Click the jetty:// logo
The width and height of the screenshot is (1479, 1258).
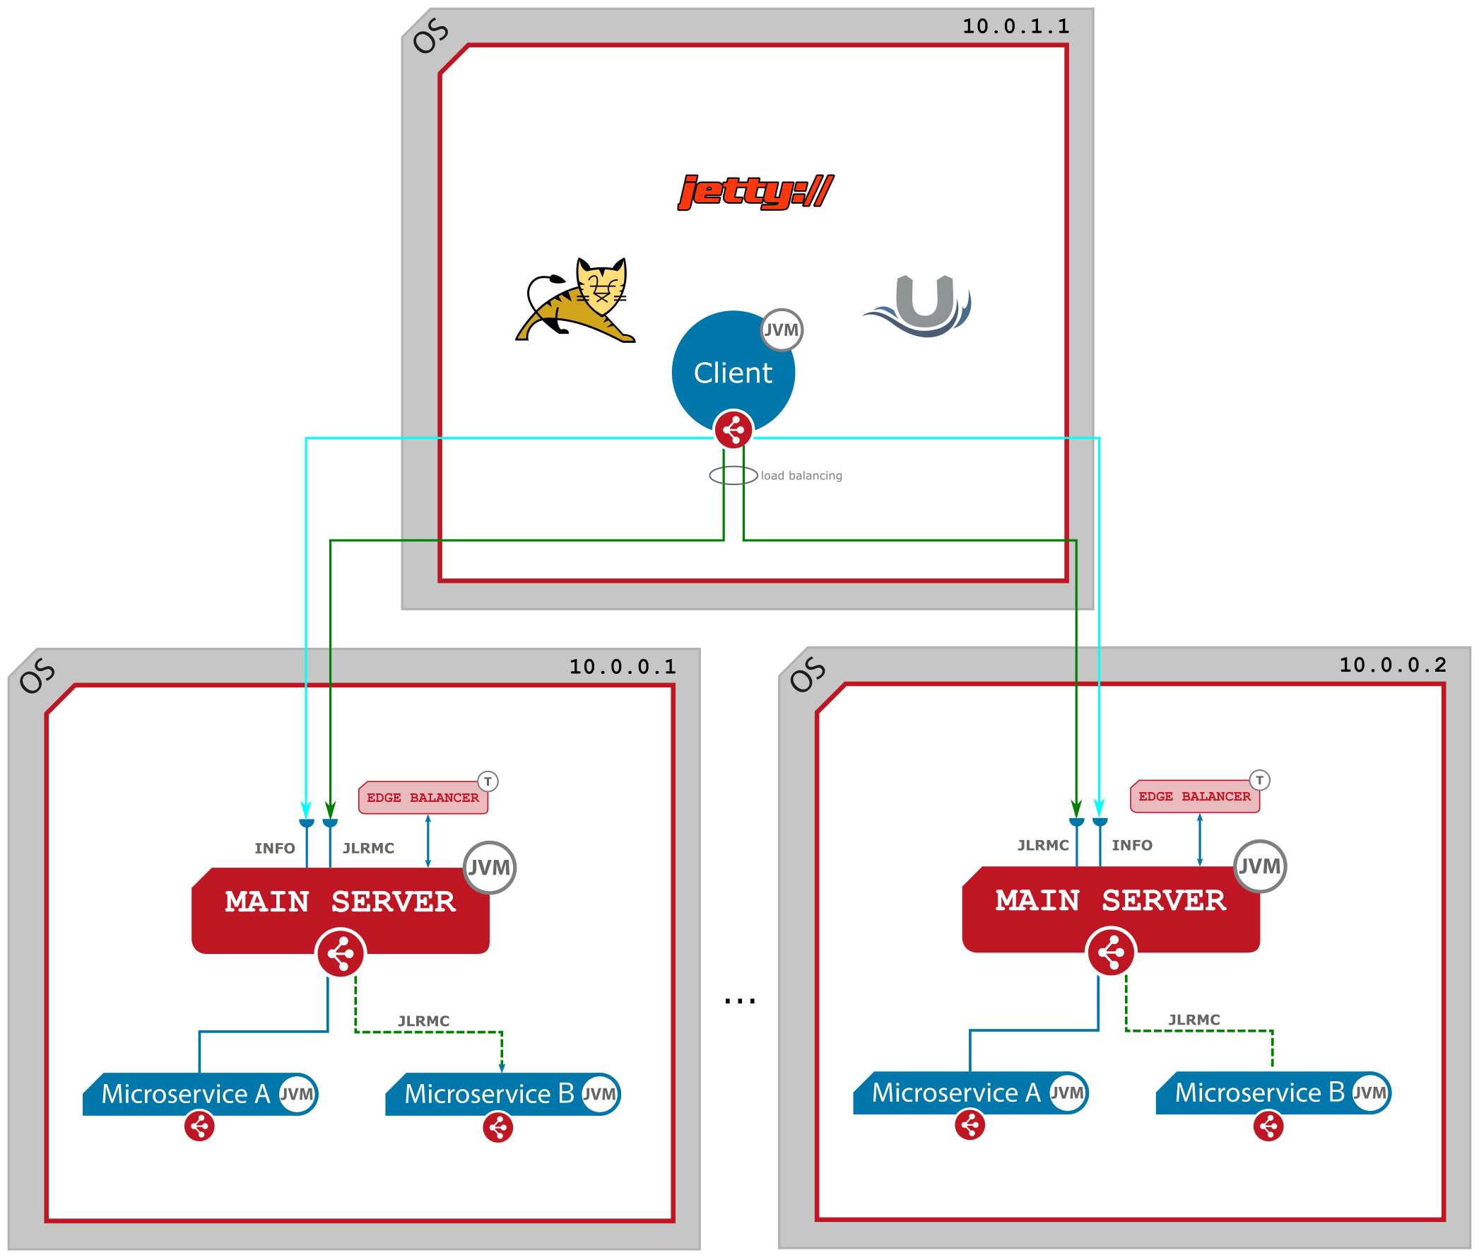[755, 192]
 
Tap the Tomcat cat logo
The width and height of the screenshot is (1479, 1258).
[576, 301]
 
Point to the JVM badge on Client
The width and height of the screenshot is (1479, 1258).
[782, 330]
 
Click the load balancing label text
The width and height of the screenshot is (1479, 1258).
[801, 476]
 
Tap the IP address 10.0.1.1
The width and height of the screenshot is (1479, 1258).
[1015, 26]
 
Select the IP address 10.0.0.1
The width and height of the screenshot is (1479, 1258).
[623, 667]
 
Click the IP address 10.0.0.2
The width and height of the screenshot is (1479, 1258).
[1393, 665]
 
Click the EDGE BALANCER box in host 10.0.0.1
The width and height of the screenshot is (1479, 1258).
[423, 798]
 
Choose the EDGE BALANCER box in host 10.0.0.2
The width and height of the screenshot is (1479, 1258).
[1195, 796]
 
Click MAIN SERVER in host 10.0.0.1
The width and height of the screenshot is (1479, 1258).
[340, 902]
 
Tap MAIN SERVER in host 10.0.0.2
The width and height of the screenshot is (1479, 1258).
[1111, 901]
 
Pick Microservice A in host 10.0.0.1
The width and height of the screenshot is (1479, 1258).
[185, 1094]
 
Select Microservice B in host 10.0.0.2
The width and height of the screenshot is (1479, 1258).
[1259, 1093]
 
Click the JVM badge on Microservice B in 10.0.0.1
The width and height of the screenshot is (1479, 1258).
[599, 1094]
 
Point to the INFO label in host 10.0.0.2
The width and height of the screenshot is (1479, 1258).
[1132, 845]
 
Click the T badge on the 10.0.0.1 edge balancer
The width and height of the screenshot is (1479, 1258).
[488, 781]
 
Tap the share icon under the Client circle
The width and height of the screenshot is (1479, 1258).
[733, 430]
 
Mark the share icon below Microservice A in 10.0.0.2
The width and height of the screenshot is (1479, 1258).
[970, 1125]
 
